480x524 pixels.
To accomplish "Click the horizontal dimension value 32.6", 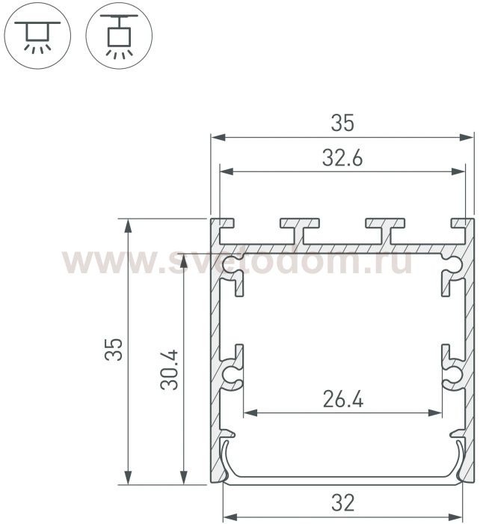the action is (x=342, y=158).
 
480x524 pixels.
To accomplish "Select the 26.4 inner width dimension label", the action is (x=343, y=399).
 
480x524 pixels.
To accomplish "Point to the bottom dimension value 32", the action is (x=343, y=503).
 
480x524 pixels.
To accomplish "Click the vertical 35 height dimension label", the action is (x=114, y=350).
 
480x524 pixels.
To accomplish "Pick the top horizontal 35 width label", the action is (x=342, y=123).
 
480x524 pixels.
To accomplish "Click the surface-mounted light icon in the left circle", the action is (x=37, y=37).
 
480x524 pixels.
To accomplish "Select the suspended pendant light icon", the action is (x=119, y=36).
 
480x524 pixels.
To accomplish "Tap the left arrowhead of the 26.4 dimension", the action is (x=250, y=413).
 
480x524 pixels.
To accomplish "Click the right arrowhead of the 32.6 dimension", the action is (x=458, y=171).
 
